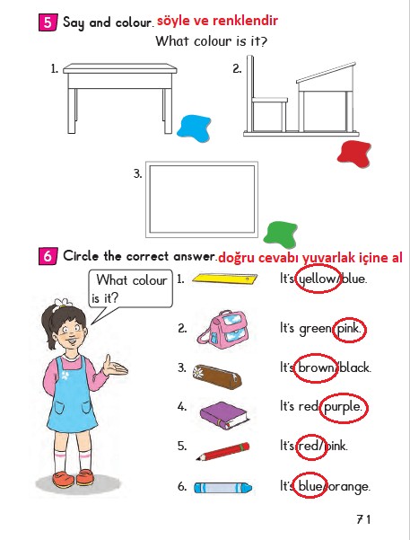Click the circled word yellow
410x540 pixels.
point(316,279)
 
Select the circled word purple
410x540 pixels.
point(344,407)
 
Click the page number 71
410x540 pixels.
point(362,519)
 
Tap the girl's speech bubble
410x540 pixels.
point(129,288)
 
